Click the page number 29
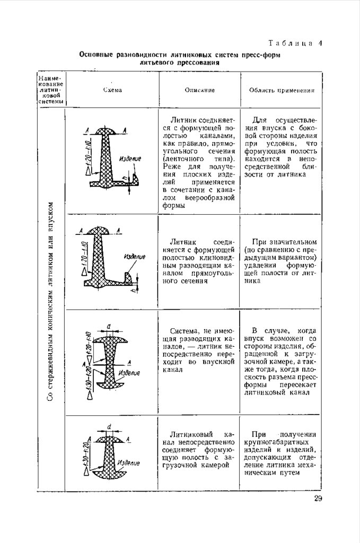[x=318, y=498]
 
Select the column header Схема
[x=112, y=90]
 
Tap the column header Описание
[x=200, y=90]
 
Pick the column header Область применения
[x=282, y=90]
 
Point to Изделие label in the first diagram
[x=129, y=158]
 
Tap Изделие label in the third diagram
[x=129, y=373]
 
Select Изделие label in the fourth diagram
[x=129, y=463]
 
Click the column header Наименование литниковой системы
[x=51, y=90]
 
